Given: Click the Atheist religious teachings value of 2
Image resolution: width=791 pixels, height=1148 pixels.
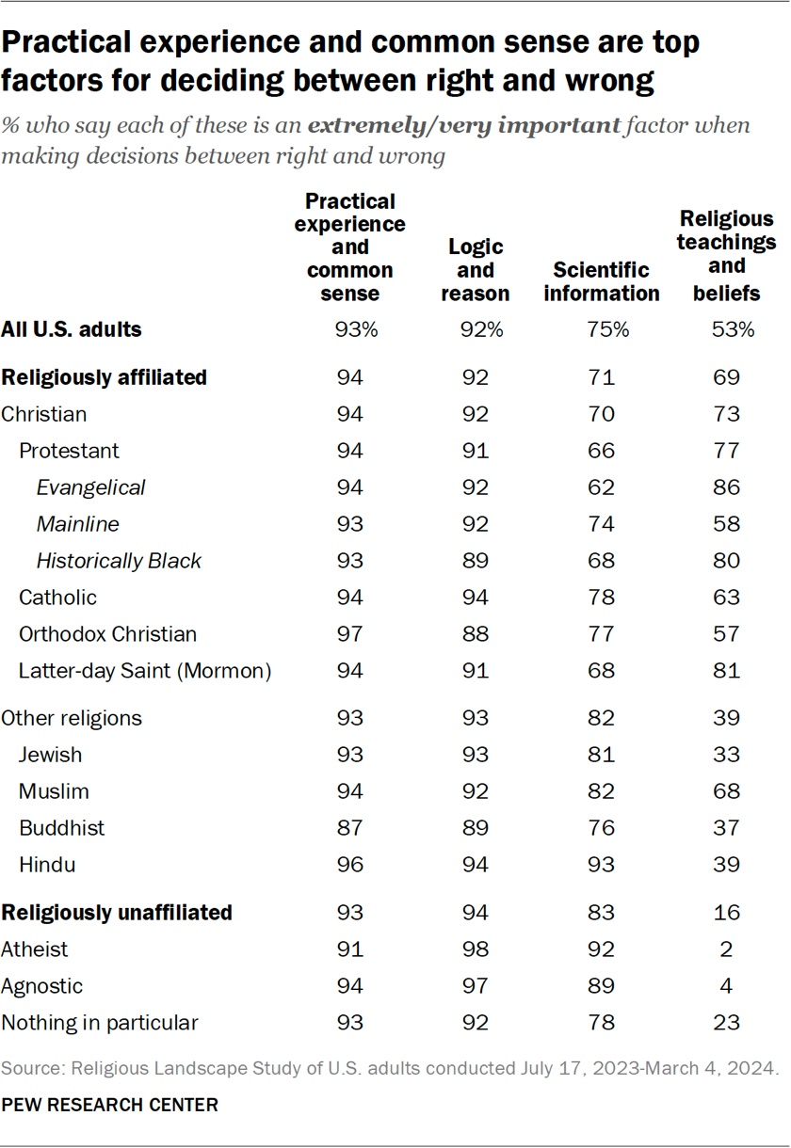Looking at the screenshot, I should (x=727, y=949).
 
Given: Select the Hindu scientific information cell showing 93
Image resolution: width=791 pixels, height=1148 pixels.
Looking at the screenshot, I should (x=601, y=865).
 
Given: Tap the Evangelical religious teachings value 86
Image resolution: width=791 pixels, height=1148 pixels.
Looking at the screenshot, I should (x=727, y=487).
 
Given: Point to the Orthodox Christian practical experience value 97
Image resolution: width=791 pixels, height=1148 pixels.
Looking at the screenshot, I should (x=350, y=634).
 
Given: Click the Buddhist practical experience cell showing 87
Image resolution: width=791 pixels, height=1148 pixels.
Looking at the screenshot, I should (x=350, y=828).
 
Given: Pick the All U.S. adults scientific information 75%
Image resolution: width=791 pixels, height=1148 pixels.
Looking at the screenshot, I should (x=601, y=330).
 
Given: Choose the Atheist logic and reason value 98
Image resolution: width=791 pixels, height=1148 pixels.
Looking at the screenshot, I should (x=476, y=949).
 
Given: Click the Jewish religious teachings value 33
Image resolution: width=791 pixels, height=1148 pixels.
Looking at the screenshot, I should (x=727, y=755).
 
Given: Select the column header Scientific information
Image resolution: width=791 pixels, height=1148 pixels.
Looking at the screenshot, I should (x=601, y=281).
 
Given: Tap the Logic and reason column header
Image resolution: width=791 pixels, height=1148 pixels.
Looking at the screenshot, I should (x=476, y=270).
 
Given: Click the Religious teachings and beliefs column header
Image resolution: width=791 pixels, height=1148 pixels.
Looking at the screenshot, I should (x=727, y=256).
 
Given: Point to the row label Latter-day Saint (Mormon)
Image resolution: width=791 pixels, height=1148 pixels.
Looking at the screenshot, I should (x=145, y=671).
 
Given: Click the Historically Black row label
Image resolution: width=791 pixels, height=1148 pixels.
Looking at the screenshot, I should (x=119, y=561).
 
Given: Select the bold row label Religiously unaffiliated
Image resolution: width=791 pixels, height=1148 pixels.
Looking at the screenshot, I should (x=117, y=913).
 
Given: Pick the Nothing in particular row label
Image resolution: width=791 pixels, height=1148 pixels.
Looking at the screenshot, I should (x=100, y=1023).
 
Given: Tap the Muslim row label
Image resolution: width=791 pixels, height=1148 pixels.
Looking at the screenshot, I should (x=54, y=791).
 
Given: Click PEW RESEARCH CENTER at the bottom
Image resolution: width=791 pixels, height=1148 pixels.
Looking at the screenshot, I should (x=110, y=1106).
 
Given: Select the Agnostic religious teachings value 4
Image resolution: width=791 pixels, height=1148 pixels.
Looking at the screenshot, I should (x=727, y=986).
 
